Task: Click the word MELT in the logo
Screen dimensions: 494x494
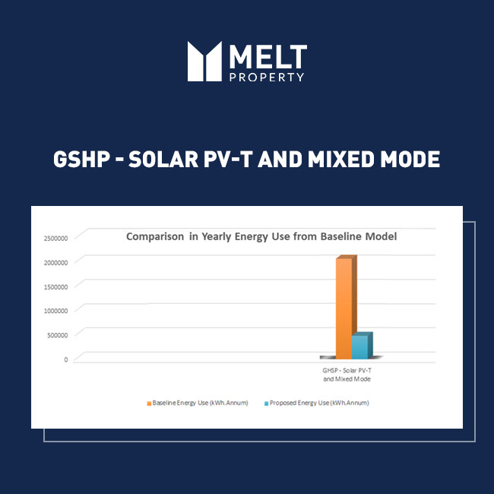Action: point(268,56)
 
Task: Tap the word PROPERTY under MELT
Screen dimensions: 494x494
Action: point(267,77)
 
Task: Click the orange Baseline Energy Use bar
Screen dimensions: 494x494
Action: point(344,308)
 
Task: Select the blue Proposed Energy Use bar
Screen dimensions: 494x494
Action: point(360,346)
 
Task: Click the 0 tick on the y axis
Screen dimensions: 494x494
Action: point(65,359)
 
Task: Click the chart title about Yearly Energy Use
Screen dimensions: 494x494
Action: point(261,236)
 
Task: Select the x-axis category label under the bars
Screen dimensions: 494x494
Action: point(347,374)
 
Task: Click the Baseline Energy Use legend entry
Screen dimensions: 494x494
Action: point(198,403)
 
